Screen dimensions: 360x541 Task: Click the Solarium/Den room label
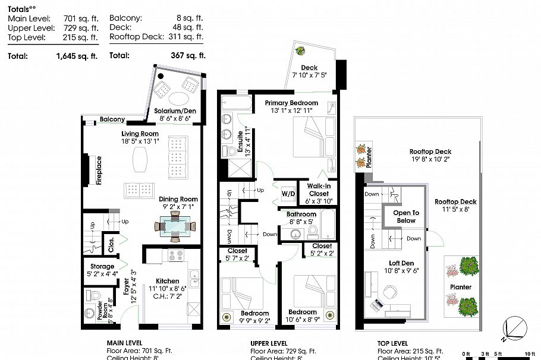pos(175,111)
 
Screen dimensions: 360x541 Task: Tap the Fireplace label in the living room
pos(99,170)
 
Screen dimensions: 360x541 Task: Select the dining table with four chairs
pos(175,226)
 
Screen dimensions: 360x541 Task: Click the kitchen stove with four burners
pos(175,256)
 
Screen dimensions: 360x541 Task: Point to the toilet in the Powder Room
pos(92,295)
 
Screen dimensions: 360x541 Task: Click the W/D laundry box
pos(288,194)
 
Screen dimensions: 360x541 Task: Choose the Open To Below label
pos(406,216)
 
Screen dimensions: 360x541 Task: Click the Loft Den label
pos(402,263)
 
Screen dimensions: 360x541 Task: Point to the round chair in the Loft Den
pos(390,292)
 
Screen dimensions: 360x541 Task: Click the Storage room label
pos(102,267)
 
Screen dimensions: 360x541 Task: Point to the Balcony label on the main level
pos(112,119)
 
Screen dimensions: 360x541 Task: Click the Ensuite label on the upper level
pos(241,143)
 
